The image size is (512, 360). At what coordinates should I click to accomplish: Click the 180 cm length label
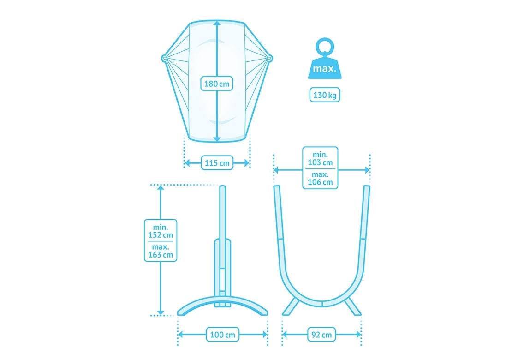[217, 84]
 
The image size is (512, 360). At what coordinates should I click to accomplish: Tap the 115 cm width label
[217, 162]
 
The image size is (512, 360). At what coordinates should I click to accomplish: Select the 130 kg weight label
[325, 95]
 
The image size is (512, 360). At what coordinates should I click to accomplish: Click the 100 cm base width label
[222, 335]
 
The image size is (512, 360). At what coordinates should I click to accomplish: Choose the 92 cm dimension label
[321, 335]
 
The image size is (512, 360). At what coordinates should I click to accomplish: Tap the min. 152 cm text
[161, 231]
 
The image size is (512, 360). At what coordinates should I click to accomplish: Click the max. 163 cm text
[161, 251]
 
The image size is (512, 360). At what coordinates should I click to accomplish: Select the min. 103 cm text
[320, 158]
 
